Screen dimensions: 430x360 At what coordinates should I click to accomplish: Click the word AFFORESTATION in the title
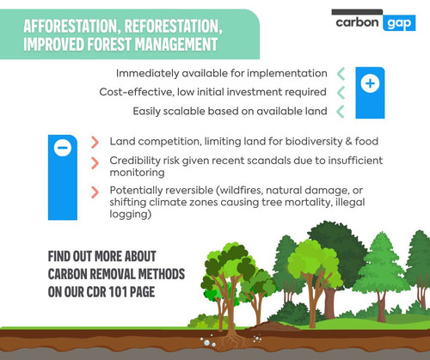[x=71, y=27]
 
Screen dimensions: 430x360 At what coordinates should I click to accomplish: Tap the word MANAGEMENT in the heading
[x=176, y=45]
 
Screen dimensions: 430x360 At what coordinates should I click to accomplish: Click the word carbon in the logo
[x=357, y=22]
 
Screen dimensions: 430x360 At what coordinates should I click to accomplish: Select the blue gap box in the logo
[x=399, y=23]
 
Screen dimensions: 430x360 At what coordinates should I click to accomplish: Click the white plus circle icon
[x=370, y=83]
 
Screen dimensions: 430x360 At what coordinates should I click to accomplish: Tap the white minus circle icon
[x=63, y=148]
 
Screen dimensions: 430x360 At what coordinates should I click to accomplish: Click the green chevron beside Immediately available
[x=341, y=74]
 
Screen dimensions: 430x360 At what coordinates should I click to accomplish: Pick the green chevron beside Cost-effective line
[x=341, y=93]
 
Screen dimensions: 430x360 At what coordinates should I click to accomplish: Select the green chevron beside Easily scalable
[x=341, y=112]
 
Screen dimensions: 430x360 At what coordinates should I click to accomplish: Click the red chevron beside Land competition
[x=95, y=143]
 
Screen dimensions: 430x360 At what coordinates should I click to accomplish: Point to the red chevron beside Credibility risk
[x=95, y=163]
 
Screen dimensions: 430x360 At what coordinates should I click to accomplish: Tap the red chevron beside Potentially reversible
[x=95, y=192]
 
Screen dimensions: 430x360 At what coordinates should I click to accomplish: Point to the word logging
[x=129, y=215]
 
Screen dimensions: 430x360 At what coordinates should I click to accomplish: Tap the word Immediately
[x=147, y=74]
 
